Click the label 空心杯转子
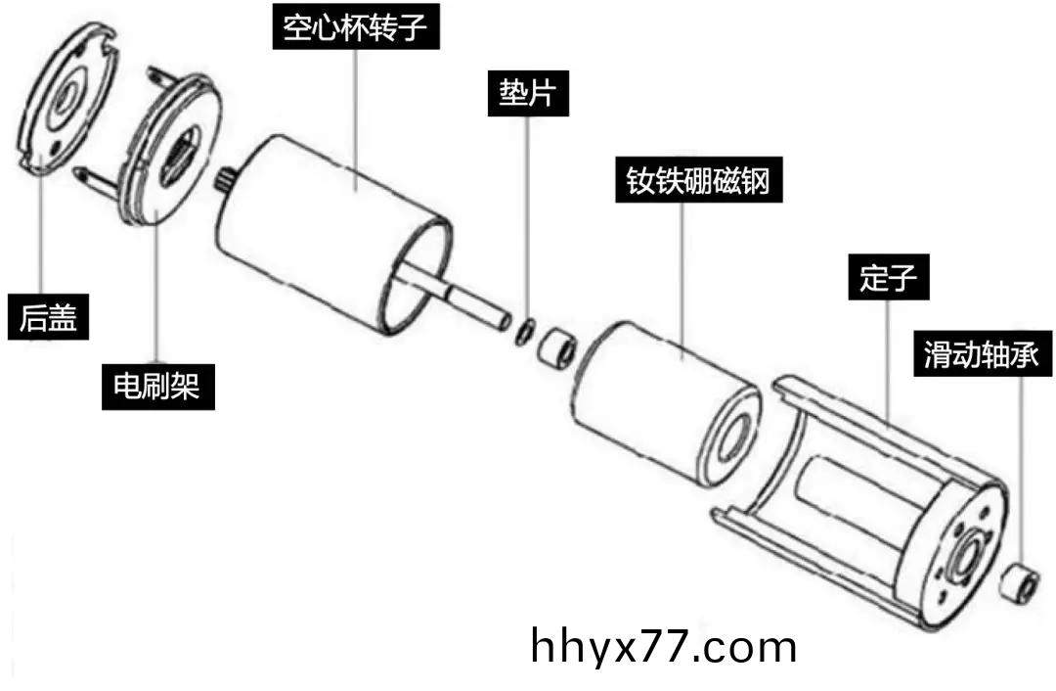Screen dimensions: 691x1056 point(355,28)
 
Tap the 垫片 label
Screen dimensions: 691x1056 point(528,95)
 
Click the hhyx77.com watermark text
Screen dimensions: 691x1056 point(664,647)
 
